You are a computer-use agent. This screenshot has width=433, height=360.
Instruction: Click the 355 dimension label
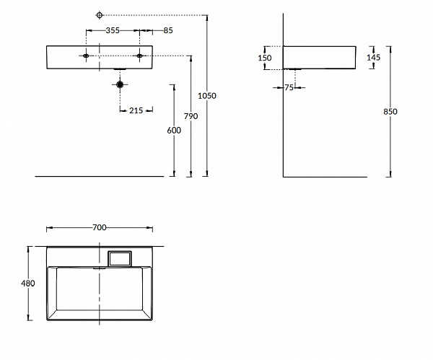coord(112,30)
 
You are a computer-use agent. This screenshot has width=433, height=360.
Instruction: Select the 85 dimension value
coord(167,30)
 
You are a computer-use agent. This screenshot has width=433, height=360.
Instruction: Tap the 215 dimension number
coord(136,110)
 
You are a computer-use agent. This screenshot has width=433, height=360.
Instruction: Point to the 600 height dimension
coord(173,130)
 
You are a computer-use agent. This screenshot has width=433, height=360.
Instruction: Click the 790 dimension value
coord(190,115)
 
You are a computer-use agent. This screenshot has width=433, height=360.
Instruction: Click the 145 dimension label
coord(373,56)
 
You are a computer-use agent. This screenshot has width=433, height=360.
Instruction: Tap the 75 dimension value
coord(288,87)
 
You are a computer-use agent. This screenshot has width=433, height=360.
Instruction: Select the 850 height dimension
coord(390,111)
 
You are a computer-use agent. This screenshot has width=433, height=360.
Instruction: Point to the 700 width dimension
coord(100,227)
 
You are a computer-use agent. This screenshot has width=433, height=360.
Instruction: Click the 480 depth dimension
coord(28,284)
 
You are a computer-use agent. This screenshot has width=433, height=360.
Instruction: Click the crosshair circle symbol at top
coord(100,14)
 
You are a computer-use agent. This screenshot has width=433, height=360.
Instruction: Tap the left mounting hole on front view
coord(86,56)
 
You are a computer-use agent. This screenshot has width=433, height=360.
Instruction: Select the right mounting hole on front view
coord(139,56)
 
